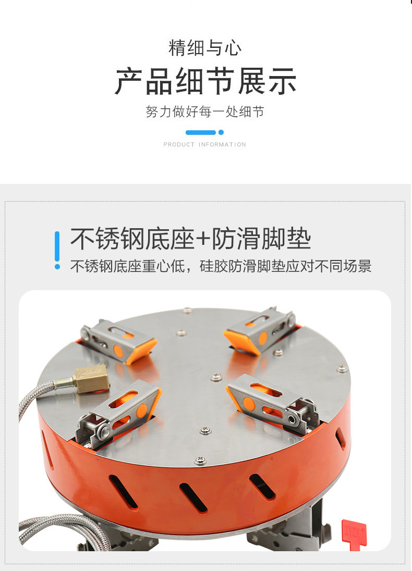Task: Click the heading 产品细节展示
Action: pyautogui.click(x=205, y=82)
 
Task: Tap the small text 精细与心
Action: pyautogui.click(x=205, y=48)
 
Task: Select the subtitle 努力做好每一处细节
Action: pyautogui.click(x=205, y=111)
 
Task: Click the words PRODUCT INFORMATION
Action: pyautogui.click(x=205, y=144)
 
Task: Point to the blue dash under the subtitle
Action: pyautogui.click(x=200, y=132)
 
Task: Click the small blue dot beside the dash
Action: pyautogui.click(x=221, y=132)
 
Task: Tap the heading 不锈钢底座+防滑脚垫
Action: pyautogui.click(x=190, y=239)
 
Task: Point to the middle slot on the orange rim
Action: pyautogui.click(x=193, y=498)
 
